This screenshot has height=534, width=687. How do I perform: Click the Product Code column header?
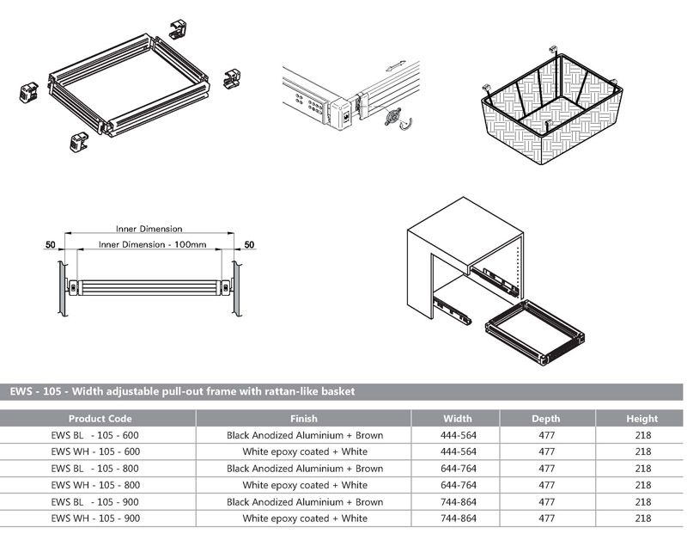(100, 419)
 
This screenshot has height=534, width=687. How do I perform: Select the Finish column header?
(304, 419)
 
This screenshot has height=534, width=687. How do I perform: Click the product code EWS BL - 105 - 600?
(95, 435)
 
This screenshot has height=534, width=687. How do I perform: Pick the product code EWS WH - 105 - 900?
(95, 519)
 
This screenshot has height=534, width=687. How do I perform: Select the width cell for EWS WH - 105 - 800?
(457, 485)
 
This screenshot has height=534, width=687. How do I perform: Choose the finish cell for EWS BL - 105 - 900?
(304, 502)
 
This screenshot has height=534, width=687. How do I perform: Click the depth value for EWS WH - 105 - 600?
(546, 452)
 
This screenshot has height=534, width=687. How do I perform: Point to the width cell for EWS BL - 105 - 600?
(457, 435)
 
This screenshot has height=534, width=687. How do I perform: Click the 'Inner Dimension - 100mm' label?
(152, 245)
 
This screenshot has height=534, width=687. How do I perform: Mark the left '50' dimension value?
(51, 245)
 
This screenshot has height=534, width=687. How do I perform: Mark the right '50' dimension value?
(249, 245)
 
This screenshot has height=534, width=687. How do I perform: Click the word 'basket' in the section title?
(336, 392)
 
